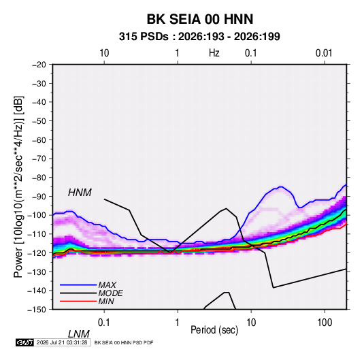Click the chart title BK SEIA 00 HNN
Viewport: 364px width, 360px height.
pos(200,19)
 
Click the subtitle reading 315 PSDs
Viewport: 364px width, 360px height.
pos(144,37)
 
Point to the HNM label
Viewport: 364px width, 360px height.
pos(80,193)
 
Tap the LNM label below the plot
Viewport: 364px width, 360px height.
pos(78,334)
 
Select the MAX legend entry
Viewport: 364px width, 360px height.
pos(107,284)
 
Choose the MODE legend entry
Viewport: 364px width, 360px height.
pos(110,293)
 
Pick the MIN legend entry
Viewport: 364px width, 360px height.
pos(106,301)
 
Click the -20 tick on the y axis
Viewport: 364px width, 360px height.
pos(39,65)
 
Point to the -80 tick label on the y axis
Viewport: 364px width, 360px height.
pos(39,178)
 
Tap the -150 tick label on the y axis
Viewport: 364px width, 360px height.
pos(37,310)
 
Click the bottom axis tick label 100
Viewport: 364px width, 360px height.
pos(325,323)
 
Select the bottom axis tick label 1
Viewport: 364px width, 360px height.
pos(177,323)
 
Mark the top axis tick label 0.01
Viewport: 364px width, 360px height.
pos(324,53)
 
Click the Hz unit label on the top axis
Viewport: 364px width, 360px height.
pos(214,53)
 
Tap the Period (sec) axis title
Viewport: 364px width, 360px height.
pos(214,330)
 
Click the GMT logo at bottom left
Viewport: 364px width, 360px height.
pos(24,342)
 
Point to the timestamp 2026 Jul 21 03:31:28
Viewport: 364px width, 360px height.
pos(62,342)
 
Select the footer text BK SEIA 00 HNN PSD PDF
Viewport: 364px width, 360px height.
pos(124,342)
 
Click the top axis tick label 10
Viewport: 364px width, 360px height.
pos(104,53)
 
